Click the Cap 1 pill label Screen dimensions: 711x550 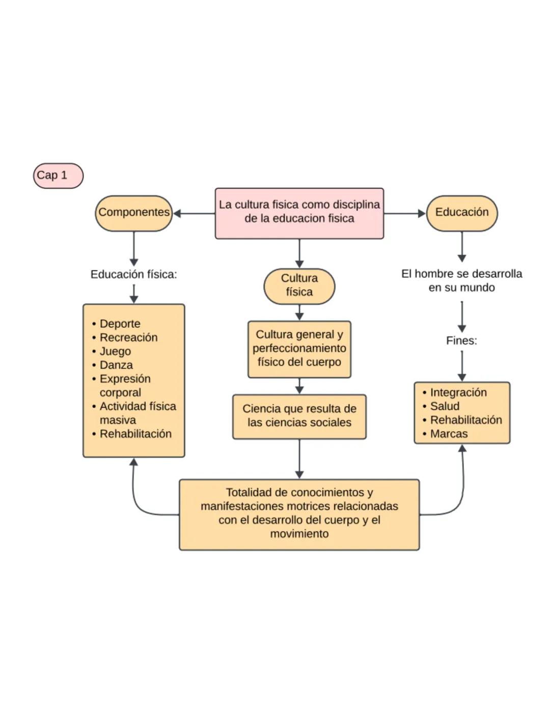58,176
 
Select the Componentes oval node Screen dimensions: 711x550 134,213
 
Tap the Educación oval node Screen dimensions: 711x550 461,213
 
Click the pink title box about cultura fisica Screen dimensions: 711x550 299,212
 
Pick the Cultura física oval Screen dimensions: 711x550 299,286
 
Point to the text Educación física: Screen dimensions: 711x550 133,274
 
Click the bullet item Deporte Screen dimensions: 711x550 120,324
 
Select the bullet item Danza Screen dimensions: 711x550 116,365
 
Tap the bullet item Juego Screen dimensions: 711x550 115,351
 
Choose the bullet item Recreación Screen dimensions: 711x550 128,337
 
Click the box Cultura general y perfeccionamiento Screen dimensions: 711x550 299,349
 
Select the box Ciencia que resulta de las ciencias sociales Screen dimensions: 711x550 299,416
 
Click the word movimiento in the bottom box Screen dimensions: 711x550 299,534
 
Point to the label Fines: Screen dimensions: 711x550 461,340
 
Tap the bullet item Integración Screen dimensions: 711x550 458,392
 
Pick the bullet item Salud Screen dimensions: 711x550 445,406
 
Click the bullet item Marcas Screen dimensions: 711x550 449,434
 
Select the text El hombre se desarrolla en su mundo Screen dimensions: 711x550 461,280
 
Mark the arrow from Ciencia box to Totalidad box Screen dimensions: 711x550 299,459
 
